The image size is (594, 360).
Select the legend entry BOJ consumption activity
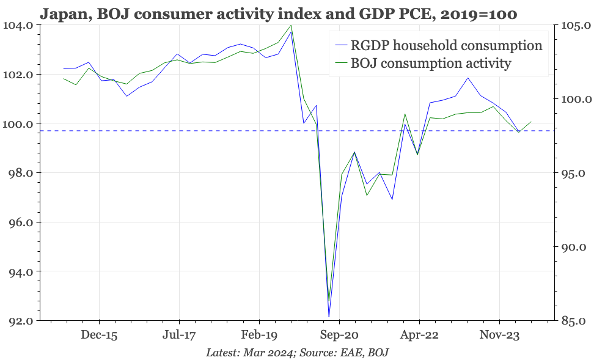tap(430, 63)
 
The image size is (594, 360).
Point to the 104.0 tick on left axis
tap(20, 26)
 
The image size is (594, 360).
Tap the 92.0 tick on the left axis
tap(20, 321)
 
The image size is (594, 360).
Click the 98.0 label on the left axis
tap(20, 173)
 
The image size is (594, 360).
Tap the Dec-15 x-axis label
tap(99, 336)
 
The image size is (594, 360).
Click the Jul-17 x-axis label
tap(179, 336)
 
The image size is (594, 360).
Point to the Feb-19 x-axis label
tap(259, 336)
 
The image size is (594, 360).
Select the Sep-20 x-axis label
tap(339, 336)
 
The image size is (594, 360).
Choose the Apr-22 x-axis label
tap(419, 336)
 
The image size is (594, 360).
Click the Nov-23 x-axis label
tap(499, 336)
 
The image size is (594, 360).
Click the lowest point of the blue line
tap(329, 317)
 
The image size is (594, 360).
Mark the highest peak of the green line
tap(291, 26)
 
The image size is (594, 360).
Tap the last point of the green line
tap(531, 122)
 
